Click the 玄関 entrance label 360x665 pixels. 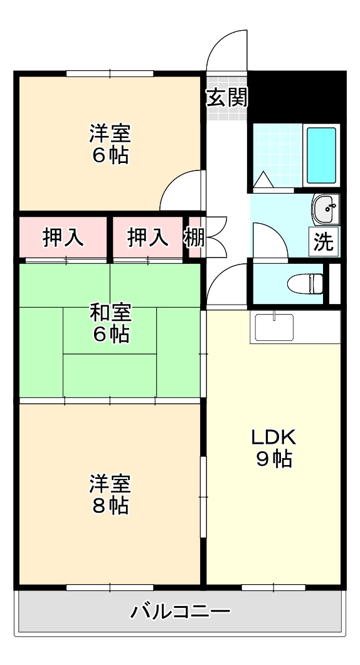point(226,97)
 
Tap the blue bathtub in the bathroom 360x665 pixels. point(321,155)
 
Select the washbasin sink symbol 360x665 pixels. point(325,209)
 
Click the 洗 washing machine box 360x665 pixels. point(324,242)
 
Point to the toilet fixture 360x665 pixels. point(305,284)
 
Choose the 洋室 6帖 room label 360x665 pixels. point(110,144)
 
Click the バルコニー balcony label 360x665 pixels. point(180,610)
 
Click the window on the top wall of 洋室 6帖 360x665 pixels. point(110,73)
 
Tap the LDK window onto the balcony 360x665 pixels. point(273,587)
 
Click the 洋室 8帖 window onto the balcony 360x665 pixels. point(110,587)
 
